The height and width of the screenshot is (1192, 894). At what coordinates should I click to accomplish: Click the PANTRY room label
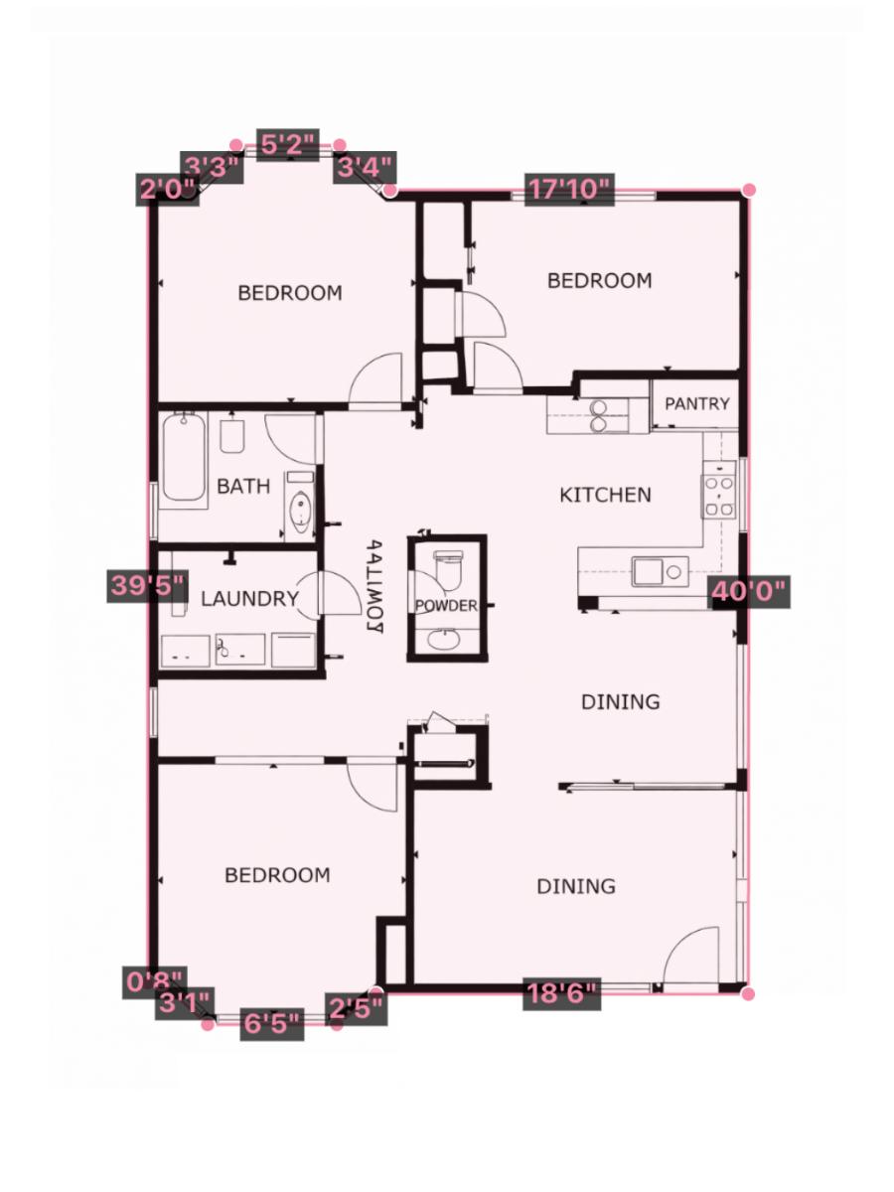coord(696,404)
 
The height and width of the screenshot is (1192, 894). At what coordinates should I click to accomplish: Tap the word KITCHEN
coord(605,495)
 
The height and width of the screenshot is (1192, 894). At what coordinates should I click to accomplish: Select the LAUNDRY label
coord(249,599)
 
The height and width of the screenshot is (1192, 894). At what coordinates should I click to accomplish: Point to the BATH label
coord(243,487)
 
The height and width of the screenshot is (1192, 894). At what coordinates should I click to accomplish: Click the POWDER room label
coord(446,606)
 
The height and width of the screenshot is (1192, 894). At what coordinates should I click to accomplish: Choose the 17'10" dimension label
coord(569,190)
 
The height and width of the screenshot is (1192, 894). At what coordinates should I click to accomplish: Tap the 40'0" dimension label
coord(748,593)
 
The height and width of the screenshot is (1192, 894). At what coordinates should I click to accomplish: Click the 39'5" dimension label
coord(148,585)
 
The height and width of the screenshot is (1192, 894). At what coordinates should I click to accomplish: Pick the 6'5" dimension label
coord(272,1023)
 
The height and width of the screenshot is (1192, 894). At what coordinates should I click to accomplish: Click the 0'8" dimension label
coord(154,982)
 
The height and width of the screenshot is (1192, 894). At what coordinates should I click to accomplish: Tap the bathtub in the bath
coord(185,459)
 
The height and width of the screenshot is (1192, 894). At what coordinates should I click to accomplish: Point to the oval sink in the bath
coord(299,515)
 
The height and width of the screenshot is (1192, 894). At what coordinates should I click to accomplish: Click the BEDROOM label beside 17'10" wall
coord(600,281)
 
